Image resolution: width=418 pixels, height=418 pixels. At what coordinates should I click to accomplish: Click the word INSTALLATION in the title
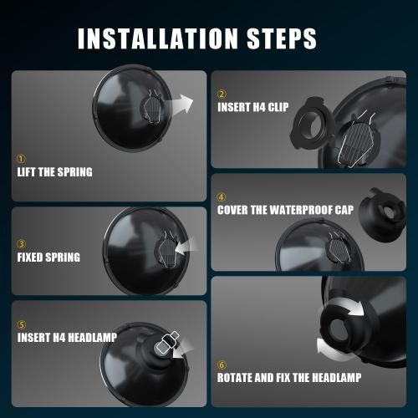click(158, 38)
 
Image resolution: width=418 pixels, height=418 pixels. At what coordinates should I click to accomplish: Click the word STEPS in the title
click(282, 38)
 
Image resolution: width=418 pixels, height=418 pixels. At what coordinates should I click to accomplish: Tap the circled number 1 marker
click(21, 159)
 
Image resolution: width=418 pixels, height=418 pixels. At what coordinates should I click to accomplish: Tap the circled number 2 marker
click(222, 94)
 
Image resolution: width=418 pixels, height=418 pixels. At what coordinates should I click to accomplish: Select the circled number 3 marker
click(21, 244)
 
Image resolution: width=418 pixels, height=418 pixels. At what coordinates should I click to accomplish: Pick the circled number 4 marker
click(222, 197)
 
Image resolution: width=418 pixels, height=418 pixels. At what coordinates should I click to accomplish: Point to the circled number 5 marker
click(22, 325)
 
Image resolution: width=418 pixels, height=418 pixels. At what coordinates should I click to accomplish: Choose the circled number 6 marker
click(222, 364)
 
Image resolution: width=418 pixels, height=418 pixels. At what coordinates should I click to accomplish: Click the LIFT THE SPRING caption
click(54, 172)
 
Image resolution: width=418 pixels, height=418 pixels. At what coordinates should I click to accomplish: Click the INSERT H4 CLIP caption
click(253, 107)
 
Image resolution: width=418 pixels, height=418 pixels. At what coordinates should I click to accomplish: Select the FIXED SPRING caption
click(48, 257)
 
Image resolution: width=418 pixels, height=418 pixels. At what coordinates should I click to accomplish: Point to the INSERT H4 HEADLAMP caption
click(67, 338)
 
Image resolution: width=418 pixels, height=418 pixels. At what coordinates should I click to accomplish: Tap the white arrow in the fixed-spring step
click(186, 246)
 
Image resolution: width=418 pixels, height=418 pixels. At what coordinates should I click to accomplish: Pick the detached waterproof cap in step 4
click(382, 215)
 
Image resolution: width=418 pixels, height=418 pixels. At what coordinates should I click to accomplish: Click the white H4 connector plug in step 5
click(166, 344)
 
